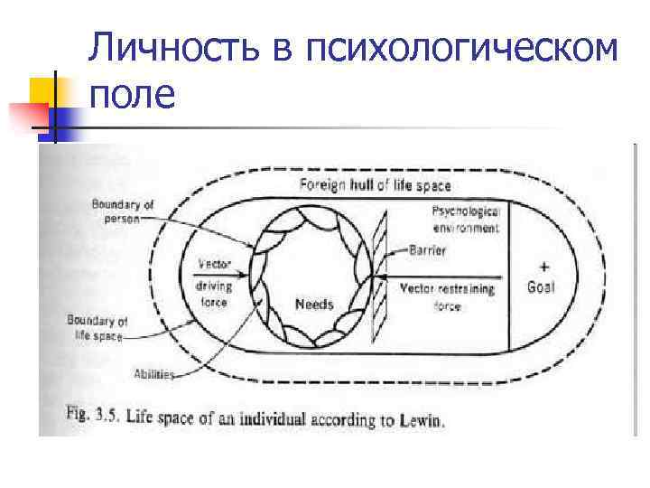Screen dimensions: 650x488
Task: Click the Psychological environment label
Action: coord(466,219)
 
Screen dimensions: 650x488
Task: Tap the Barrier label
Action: coord(426,250)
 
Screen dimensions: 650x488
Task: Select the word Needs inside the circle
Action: coord(314,304)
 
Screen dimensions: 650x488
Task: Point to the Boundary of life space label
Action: coord(97,327)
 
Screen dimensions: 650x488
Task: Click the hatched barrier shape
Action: coord(378,271)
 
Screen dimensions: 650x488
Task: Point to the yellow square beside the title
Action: coord(42,90)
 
